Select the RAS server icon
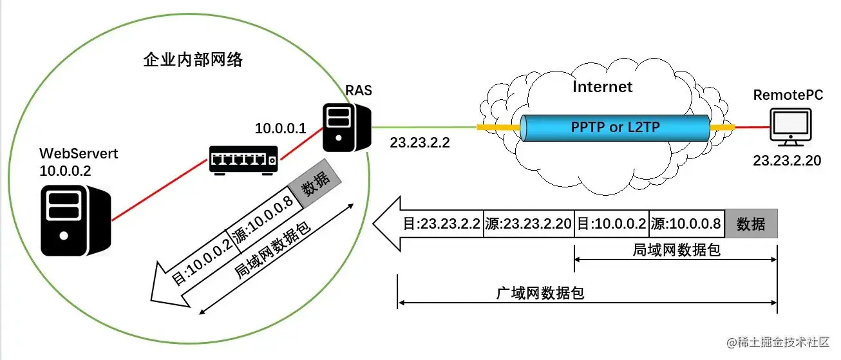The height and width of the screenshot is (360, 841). pos(345,128)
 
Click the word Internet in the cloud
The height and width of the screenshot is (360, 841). pos(603,86)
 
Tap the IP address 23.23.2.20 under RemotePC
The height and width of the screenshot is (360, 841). pos(787,161)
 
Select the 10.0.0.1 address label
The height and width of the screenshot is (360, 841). pos(281,128)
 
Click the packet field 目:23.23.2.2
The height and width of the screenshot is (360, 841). pos(442,224)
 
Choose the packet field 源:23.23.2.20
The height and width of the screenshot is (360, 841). pos(528,224)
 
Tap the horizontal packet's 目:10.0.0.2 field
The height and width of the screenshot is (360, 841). pos(610,224)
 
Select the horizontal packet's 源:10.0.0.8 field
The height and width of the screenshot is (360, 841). pos(686,224)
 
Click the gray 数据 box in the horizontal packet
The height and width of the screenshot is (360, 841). pos(751,224)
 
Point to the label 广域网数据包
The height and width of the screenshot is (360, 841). pos(540,294)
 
